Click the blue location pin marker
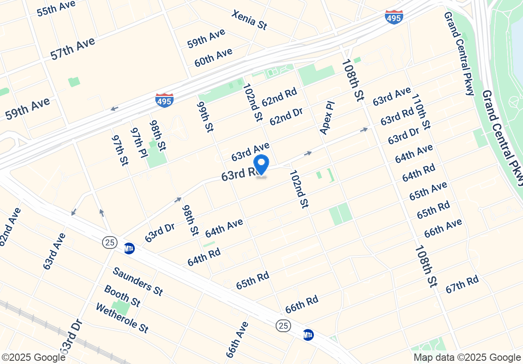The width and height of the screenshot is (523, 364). [x=261, y=165]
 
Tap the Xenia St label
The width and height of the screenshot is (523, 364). [x=249, y=20]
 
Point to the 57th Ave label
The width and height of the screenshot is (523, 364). [x=73, y=48]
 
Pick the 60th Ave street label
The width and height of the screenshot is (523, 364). [x=213, y=58]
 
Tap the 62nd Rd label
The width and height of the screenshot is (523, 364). [x=279, y=97]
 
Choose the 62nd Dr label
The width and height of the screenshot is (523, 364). [x=286, y=116]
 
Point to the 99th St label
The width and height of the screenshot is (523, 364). [x=205, y=117]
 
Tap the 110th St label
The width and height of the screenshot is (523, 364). [x=420, y=111]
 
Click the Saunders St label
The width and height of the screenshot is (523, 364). [x=138, y=281]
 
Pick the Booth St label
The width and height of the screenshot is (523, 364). [x=122, y=296]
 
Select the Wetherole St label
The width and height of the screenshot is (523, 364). [x=122, y=318]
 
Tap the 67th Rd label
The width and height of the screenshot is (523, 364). [x=462, y=284]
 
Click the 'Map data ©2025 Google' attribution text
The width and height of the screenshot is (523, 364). [x=467, y=358]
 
